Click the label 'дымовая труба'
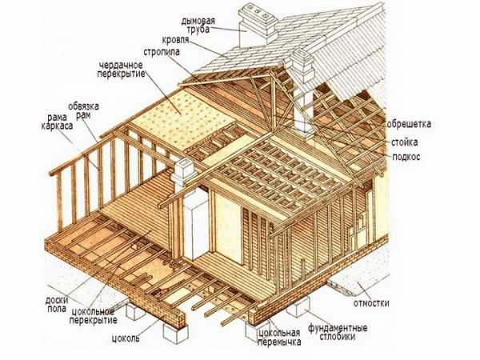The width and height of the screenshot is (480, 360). [x=198, y=25]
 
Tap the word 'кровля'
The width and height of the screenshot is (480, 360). [x=175, y=40]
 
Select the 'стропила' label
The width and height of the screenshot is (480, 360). [x=162, y=52]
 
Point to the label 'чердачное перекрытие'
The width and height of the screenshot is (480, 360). [x=121, y=70]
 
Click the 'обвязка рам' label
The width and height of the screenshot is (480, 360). [x=83, y=110]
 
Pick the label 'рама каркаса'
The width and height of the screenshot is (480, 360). [x=57, y=122]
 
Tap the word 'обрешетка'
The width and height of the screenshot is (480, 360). [x=409, y=124]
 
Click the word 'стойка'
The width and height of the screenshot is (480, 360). [x=404, y=142]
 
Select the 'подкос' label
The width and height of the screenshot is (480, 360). [x=406, y=157]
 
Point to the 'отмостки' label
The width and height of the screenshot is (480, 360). [x=372, y=303]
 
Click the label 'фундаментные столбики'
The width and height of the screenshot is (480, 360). [x=338, y=333]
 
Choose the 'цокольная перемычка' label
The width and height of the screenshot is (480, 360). [x=279, y=337]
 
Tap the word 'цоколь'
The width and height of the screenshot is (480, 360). [x=126, y=338]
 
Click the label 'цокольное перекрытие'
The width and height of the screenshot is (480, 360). [x=94, y=316]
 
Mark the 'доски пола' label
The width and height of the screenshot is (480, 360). [x=56, y=304]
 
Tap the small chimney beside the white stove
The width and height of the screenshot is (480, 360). [x=182, y=174]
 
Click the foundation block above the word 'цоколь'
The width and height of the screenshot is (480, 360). [x=175, y=333]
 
